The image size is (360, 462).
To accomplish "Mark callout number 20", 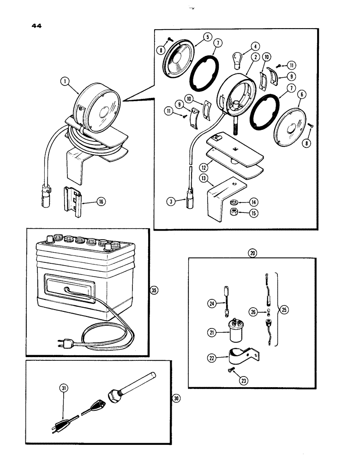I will (x=252, y=253).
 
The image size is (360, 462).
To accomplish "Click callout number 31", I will (x=65, y=388).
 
